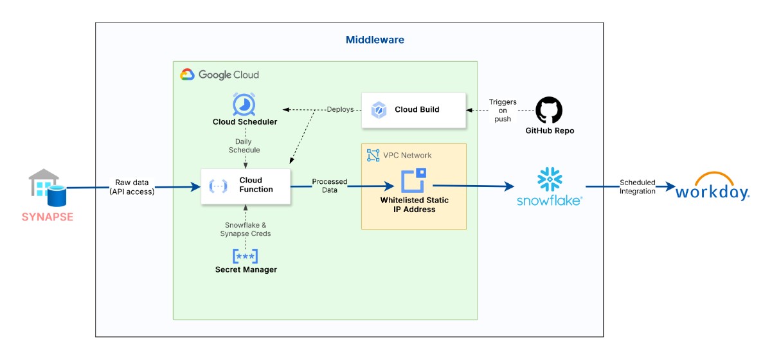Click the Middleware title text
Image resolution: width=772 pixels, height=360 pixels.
click(x=375, y=40)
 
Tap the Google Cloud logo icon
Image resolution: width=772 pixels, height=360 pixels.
click(x=187, y=75)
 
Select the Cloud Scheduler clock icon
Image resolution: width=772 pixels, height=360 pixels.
click(x=244, y=104)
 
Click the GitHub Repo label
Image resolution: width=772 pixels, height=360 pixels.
click(x=550, y=130)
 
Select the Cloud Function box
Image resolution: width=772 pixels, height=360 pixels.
click(x=246, y=186)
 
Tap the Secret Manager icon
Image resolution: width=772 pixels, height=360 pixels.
click(x=245, y=255)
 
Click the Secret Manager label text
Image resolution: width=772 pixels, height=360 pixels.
click(x=246, y=270)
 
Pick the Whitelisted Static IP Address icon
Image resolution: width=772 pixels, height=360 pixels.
click(x=414, y=181)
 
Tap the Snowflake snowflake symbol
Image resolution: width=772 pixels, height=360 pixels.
click(x=550, y=179)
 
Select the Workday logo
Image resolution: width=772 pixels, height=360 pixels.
click(x=712, y=187)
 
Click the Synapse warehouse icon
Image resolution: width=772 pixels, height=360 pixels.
click(x=44, y=184)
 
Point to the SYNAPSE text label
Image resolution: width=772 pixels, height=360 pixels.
click(x=48, y=217)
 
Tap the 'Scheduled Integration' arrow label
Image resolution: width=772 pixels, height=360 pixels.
click(x=638, y=187)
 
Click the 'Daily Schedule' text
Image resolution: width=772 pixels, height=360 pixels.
click(x=244, y=146)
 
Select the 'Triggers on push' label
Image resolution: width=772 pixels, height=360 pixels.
click(x=503, y=111)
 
